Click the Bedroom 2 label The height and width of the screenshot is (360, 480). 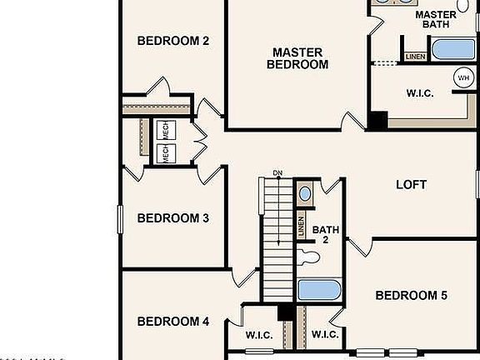pyautogui.click(x=172, y=41)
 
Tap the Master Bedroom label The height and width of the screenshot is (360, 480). pyautogui.click(x=297, y=57)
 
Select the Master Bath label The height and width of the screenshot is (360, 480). pyautogui.click(x=435, y=19)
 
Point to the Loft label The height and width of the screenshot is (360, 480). pyautogui.click(x=411, y=184)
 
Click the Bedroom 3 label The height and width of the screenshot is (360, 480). pyautogui.click(x=172, y=218)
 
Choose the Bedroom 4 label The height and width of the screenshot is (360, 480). pyautogui.click(x=172, y=322)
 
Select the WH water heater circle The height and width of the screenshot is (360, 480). pyautogui.click(x=462, y=78)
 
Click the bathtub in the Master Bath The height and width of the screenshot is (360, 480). pyautogui.click(x=452, y=48)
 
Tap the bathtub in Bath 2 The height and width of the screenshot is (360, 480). pyautogui.click(x=318, y=291)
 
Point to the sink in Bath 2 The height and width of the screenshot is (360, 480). pyautogui.click(x=305, y=194)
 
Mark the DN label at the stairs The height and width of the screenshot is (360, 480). pyautogui.click(x=277, y=173)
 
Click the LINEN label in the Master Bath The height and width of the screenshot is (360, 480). pyautogui.click(x=414, y=57)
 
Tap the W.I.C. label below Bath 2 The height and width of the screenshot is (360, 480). pyautogui.click(x=324, y=335)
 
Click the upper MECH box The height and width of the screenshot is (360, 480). pyautogui.click(x=165, y=131)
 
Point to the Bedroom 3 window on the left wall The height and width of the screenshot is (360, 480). pyautogui.click(x=121, y=219)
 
